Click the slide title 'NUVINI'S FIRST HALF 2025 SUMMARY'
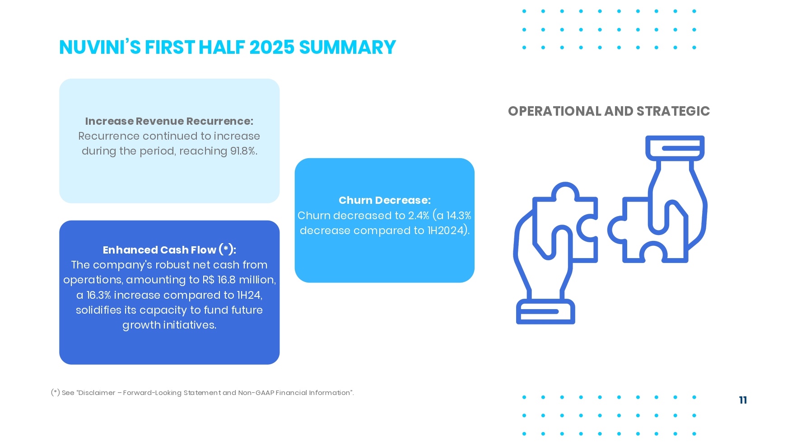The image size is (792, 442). (x=228, y=47)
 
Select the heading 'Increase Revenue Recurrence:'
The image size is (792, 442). (x=169, y=121)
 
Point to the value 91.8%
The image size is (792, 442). (x=244, y=151)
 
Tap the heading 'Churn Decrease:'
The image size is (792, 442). (x=385, y=200)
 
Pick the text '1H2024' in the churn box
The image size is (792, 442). (x=445, y=230)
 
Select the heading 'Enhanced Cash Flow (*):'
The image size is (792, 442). (x=169, y=250)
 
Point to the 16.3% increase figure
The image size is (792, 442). (x=98, y=295)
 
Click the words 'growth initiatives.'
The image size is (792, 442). (x=169, y=325)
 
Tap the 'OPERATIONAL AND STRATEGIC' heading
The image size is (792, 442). (x=609, y=111)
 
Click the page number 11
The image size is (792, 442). (x=743, y=400)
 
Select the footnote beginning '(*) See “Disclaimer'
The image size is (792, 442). (x=202, y=393)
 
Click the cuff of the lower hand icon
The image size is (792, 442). (x=545, y=311)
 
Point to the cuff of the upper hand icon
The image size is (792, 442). (x=675, y=148)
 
